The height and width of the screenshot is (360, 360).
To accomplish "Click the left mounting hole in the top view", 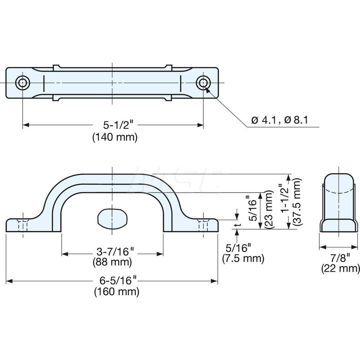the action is [22, 82].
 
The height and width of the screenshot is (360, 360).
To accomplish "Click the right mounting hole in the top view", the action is [203, 82].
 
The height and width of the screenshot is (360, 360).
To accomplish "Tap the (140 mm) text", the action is [115, 137].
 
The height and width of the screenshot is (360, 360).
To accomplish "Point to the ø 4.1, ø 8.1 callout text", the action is [279, 120].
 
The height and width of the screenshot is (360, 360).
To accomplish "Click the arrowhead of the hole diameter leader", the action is [208, 90].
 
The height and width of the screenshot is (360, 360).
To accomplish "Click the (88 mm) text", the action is [112, 262].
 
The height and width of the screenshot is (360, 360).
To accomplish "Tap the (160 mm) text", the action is [117, 292].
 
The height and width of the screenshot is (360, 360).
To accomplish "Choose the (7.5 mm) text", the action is [243, 258].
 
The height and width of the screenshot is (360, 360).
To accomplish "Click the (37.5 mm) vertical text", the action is [296, 201].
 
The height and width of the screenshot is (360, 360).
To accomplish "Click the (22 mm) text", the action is [341, 269].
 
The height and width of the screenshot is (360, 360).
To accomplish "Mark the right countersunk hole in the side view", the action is [203, 225].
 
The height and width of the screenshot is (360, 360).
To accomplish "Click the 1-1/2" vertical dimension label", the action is [284, 198].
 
